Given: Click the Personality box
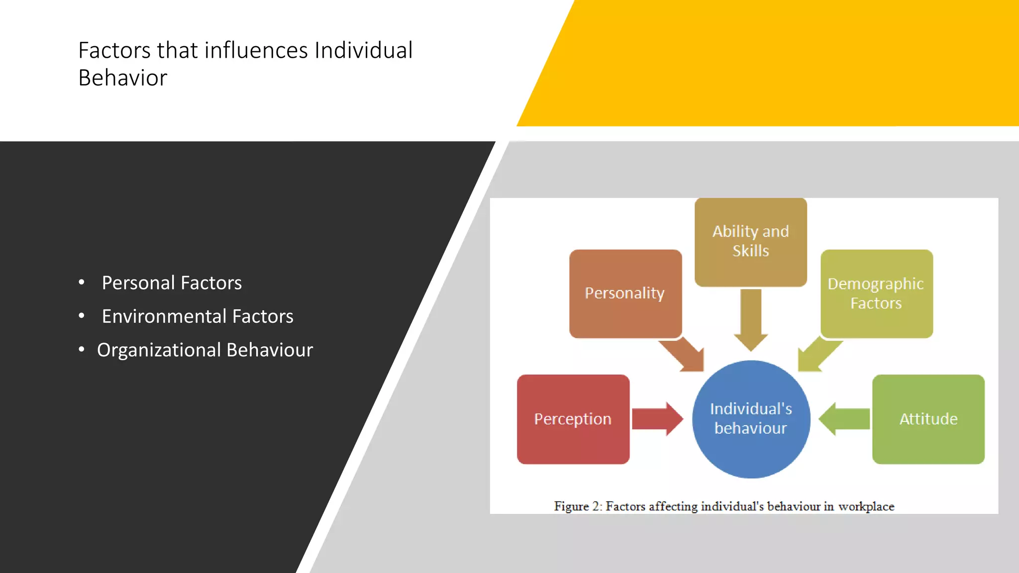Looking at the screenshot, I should pos(625,293).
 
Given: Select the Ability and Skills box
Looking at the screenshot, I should pos(750,241).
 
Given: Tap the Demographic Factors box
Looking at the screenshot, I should pos(876,293).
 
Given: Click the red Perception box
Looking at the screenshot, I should pos(573,419).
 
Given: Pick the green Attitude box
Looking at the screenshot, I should pos(928,419).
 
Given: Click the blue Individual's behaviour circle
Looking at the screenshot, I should pos(751,419).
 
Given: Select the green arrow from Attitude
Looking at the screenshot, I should pos(845,419).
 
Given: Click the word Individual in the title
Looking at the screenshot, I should pos(363,50).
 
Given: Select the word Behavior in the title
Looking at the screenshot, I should pos(122,78).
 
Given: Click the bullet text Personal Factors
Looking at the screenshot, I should pos(172,283).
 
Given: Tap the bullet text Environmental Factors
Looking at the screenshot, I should pos(198,316).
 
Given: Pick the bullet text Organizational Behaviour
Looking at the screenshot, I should pos(205,350).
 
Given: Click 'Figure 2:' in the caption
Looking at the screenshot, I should pos(578,506).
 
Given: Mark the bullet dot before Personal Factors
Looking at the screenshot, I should pos(82,282).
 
